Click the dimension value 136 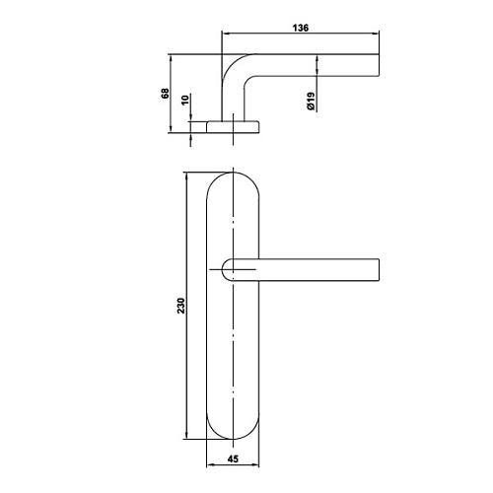pos(301,28)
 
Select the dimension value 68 pos(165,94)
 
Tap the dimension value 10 pos(185,100)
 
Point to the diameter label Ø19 pos(311,101)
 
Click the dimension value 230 pos(181,306)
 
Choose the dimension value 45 pos(233,458)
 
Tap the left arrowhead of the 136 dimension pos(227,34)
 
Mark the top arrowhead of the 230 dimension pos(187,176)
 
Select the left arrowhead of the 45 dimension pos(211,465)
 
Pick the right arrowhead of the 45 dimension pos(254,465)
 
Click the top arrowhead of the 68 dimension pos(171,59)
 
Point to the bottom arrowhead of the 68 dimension pos(171,128)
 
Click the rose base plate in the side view pos(233,127)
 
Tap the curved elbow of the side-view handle pos(235,66)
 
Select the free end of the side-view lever pos(379,65)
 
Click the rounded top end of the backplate pos(233,173)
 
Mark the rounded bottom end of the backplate pos(233,439)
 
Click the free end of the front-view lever pos(379,270)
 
